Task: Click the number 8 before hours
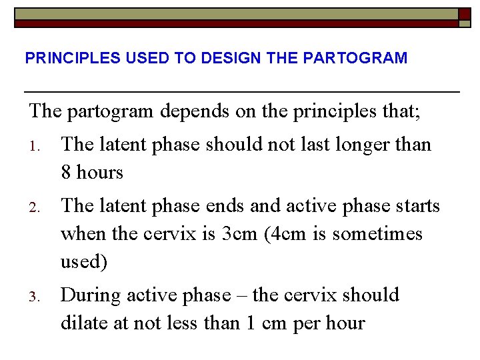pyautogui.click(x=66, y=173)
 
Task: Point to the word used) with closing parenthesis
pyautogui.click(x=83, y=262)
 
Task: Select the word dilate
pyautogui.click(x=83, y=323)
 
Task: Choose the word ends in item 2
pyautogui.click(x=211, y=206)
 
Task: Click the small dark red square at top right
pyautogui.click(x=465, y=13)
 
